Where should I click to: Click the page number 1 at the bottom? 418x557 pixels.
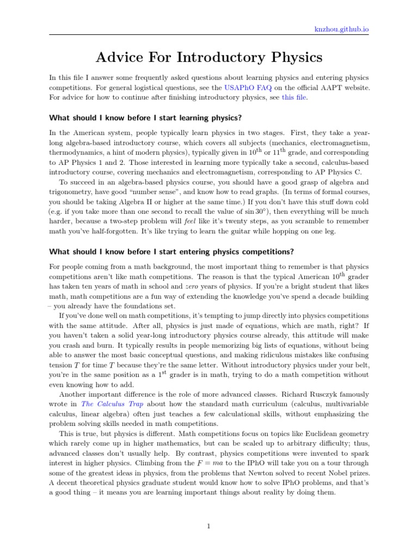tap(208, 526)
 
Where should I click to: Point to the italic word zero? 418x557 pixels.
tap(193, 286)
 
